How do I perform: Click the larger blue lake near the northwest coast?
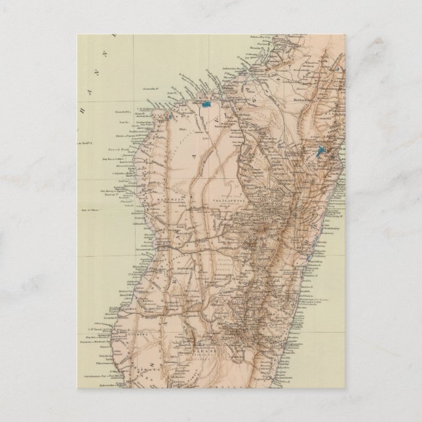206,104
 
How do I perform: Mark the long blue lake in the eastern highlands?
319,151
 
